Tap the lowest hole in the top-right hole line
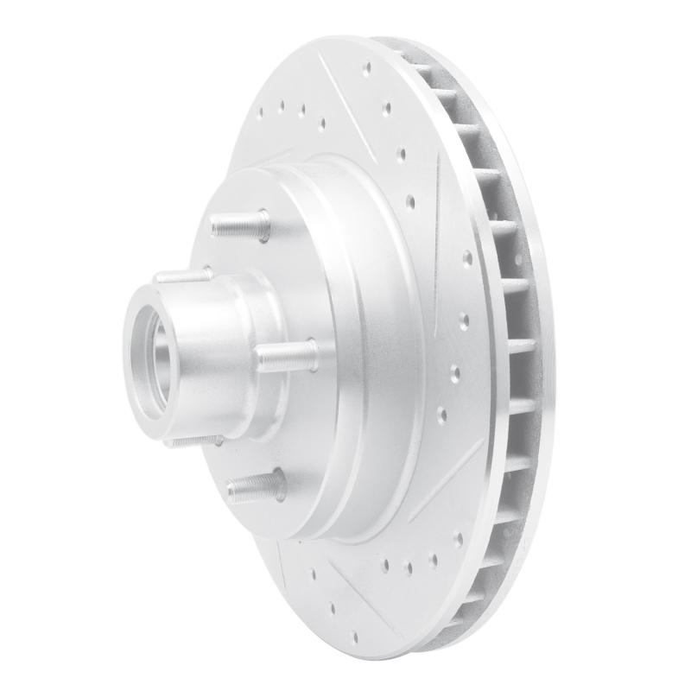411,204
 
